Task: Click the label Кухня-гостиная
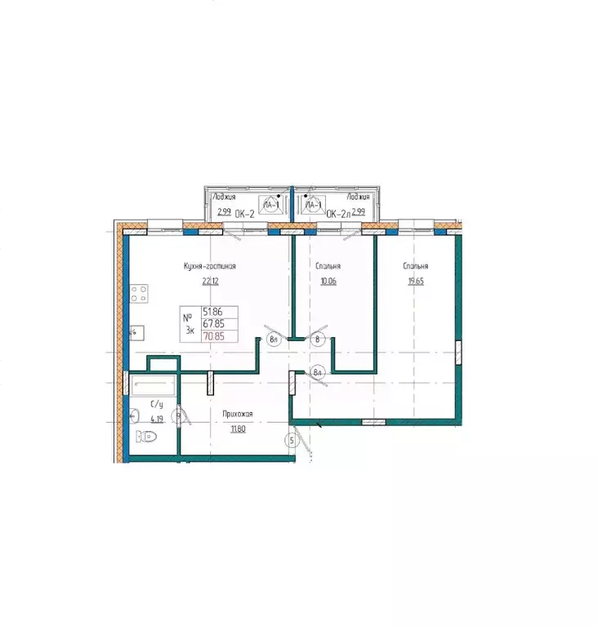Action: tap(210, 266)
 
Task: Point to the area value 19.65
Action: tap(415, 282)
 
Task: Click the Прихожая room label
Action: tap(238, 415)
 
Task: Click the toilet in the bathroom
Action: tap(148, 437)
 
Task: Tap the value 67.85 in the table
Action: tap(221, 323)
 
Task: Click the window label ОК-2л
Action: tap(338, 214)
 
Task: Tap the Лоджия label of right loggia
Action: tap(359, 197)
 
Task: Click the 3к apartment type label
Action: tap(190, 330)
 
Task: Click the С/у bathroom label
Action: tap(157, 404)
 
